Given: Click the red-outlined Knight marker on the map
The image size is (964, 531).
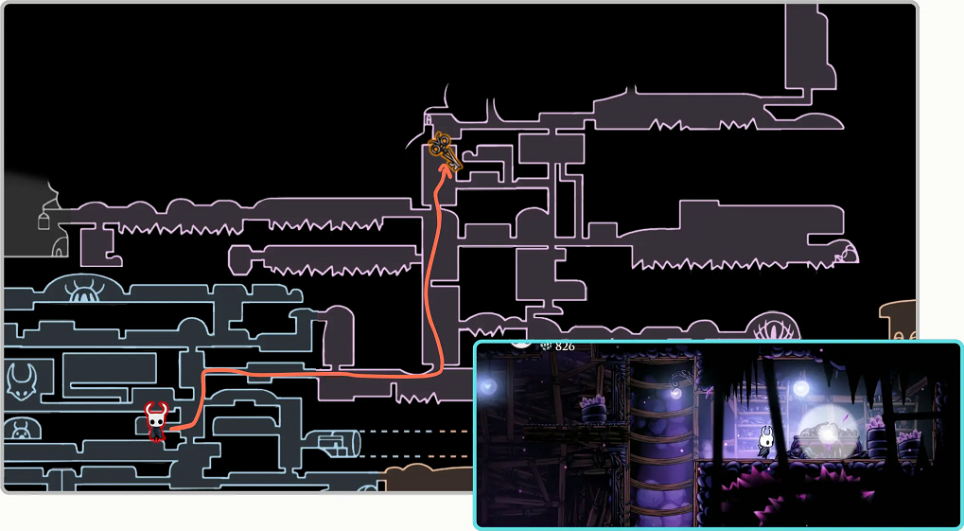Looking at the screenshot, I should tap(156, 421).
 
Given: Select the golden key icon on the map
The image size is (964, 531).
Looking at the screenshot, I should tap(443, 152).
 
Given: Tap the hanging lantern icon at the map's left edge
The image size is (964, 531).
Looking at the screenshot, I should tap(43, 220).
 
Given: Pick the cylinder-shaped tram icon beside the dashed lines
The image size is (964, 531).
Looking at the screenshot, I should tap(340, 442).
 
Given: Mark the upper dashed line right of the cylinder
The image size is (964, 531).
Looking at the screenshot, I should tap(416, 432).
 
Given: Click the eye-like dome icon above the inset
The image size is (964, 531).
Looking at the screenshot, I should tap(777, 330).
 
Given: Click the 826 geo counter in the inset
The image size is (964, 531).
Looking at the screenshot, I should tap(565, 347).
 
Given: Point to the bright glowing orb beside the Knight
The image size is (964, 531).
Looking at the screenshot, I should tap(828, 431).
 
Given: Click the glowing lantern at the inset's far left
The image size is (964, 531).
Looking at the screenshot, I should tap(488, 386).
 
